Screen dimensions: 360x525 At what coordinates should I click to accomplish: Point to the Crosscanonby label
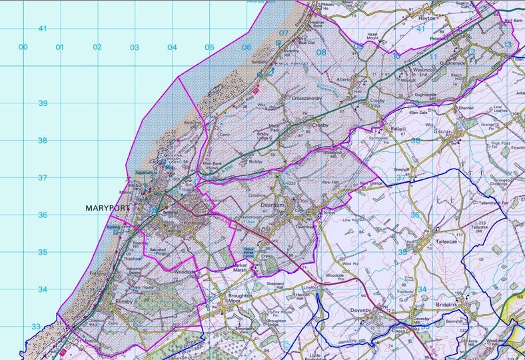(308, 97)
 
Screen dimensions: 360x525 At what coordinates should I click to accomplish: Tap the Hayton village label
(426, 19)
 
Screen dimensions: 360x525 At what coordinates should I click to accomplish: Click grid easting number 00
(23, 47)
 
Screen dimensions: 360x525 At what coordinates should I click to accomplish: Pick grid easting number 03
(135, 47)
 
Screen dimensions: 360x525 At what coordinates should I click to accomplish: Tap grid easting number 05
(209, 47)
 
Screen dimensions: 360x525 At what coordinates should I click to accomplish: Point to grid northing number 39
(42, 103)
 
